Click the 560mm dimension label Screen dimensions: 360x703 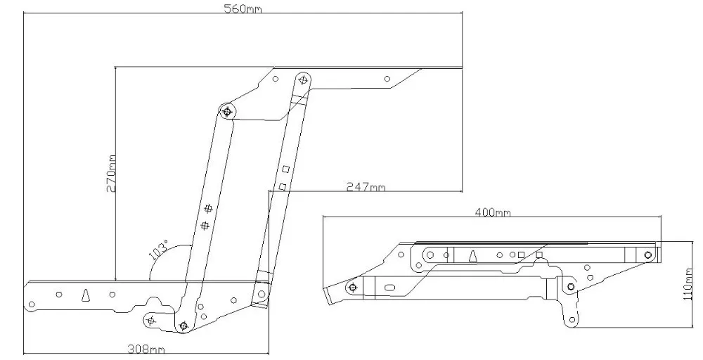[x=238, y=9]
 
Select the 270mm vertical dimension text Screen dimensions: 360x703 [x=110, y=174]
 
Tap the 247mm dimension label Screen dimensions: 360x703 [x=366, y=187]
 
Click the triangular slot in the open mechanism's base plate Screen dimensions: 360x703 [x=85, y=295]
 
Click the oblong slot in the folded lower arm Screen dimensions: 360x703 [x=389, y=286]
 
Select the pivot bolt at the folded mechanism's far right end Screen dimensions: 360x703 [x=647, y=254]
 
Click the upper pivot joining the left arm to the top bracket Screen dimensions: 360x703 [x=227, y=111]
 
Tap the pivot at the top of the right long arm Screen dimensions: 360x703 [x=302, y=79]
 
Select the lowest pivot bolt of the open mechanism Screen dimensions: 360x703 [x=183, y=325]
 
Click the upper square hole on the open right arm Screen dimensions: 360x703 [x=285, y=169]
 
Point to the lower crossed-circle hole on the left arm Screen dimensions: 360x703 [x=205, y=225]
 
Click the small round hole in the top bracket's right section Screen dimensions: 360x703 [x=386, y=79]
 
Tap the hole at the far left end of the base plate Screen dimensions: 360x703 [x=31, y=303]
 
